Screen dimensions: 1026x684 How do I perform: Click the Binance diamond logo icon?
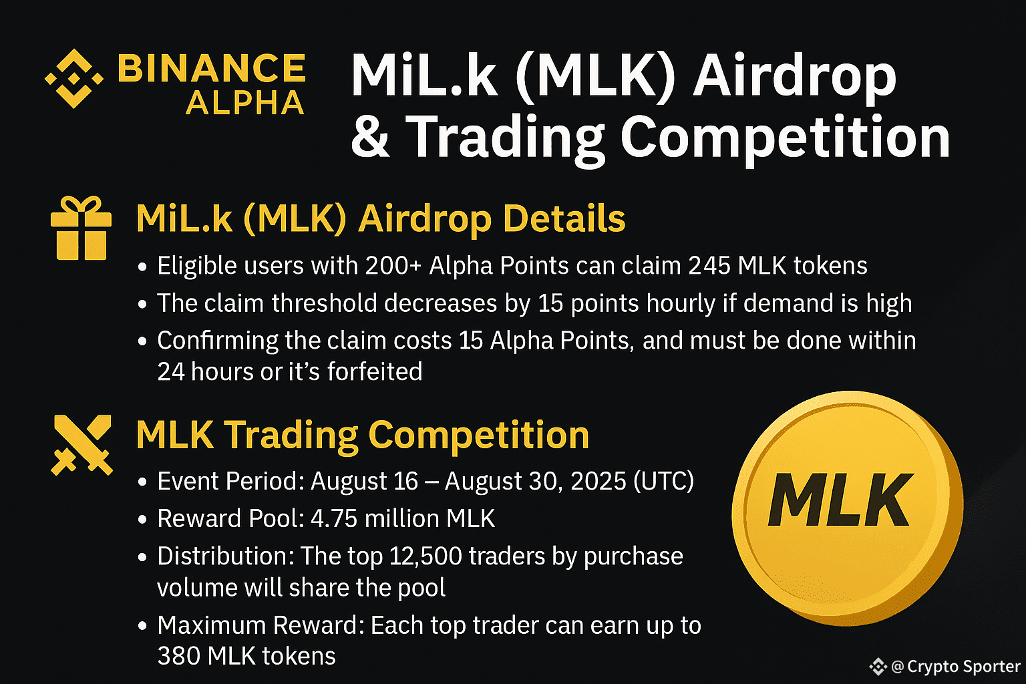pyautogui.click(x=73, y=79)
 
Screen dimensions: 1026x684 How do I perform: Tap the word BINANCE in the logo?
pyautogui.click(x=212, y=68)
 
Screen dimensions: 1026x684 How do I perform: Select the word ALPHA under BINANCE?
pyautogui.click(x=245, y=103)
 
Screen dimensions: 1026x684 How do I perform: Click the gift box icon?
pyautogui.click(x=81, y=228)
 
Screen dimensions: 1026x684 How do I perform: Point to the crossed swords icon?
pyautogui.click(x=82, y=445)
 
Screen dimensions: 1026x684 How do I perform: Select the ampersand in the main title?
pyautogui.click(x=371, y=136)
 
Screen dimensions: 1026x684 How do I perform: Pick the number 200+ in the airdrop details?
pyautogui.click(x=393, y=266)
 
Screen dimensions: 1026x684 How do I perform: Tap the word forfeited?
pyautogui.click(x=375, y=371)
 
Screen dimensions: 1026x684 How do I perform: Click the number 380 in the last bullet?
pyautogui.click(x=178, y=656)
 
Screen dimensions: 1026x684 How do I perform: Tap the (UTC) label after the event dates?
pyautogui.click(x=664, y=482)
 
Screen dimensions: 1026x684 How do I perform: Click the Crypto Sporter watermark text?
pyautogui.click(x=963, y=667)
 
